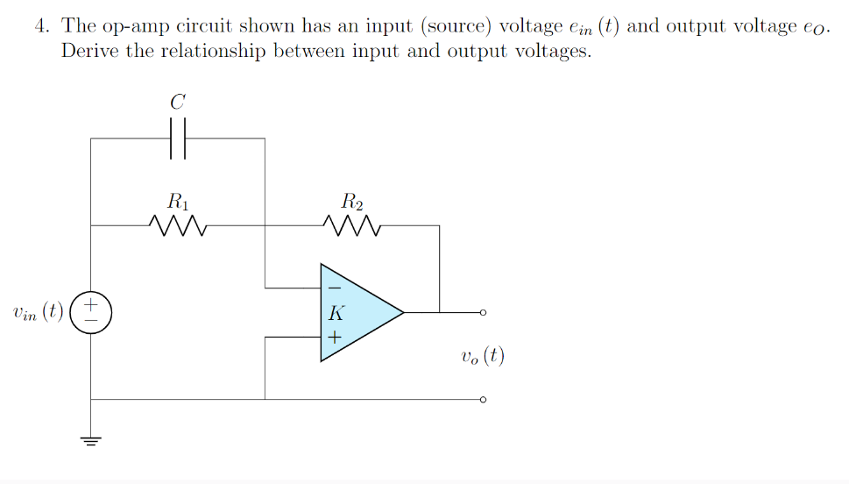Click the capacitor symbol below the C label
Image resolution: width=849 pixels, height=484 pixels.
coord(178,139)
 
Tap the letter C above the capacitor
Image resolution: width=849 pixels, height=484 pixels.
coord(178,103)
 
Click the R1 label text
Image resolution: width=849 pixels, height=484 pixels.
coord(178,201)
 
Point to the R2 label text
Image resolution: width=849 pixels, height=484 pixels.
coord(351,201)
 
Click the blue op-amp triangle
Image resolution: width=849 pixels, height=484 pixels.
coord(355,312)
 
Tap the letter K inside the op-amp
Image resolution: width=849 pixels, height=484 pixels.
coord(334,313)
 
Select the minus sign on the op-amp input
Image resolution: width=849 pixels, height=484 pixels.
coord(333,288)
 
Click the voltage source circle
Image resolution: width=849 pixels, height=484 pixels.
coord(90,312)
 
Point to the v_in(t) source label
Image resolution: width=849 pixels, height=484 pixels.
coord(38,313)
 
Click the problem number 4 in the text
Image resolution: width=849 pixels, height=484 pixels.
coord(40,25)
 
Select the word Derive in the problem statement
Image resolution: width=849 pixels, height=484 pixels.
coord(90,51)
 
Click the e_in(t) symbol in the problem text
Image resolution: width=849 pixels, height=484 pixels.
coord(595,26)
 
